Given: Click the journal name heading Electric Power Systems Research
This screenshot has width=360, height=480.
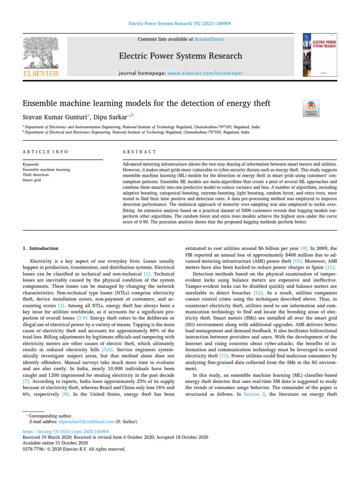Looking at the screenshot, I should coord(180,56).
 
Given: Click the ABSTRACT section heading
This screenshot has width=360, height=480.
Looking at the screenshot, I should coord(139,152).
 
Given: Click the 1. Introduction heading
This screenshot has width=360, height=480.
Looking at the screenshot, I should coord(41,248).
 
